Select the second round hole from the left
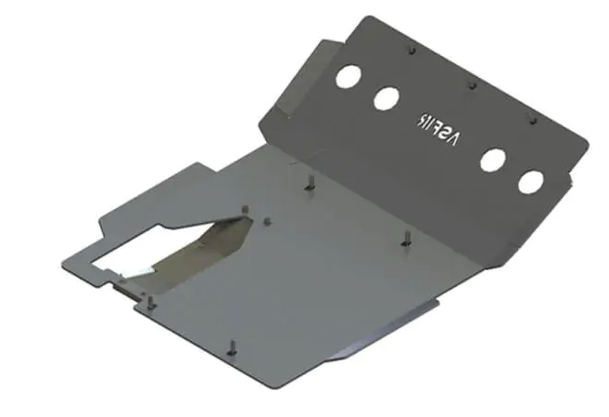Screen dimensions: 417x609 click(387, 98)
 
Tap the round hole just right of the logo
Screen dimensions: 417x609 click(492, 160)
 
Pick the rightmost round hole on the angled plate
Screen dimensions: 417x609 click(530, 181)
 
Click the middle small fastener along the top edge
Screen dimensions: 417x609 click(473, 84)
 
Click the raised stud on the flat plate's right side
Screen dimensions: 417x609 click(405, 238)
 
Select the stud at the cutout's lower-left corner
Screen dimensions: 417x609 click(145, 298)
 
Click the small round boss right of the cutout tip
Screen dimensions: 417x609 click(266, 221)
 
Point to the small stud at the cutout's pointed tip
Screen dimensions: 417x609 click(244, 211)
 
